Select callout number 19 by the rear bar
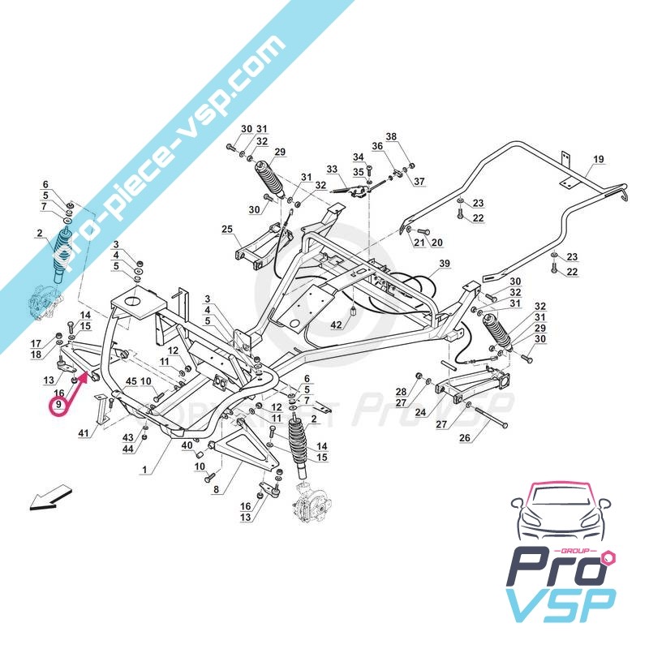pyautogui.click(x=599, y=159)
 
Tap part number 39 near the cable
pyautogui.click(x=444, y=264)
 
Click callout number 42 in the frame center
pyautogui.click(x=337, y=324)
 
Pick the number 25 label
pyautogui.click(x=226, y=230)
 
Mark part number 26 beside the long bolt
pyautogui.click(x=464, y=439)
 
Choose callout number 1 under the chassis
pyautogui.click(x=144, y=470)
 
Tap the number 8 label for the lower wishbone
pyautogui.click(x=215, y=489)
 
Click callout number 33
pyautogui.click(x=331, y=170)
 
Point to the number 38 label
pyautogui.click(x=391, y=136)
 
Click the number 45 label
pyautogui.click(x=131, y=381)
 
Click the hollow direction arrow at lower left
pyautogui.click(x=49, y=496)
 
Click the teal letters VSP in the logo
pyautogui.click(x=560, y=604)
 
